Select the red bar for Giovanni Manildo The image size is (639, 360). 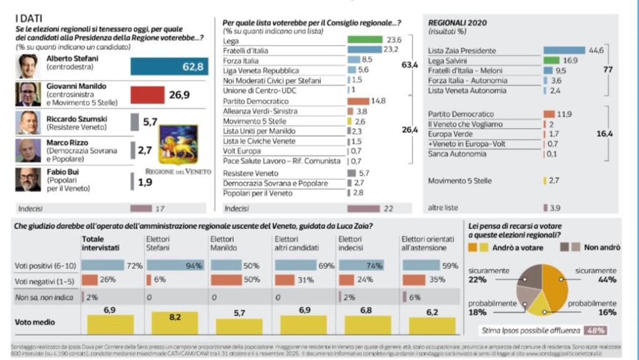tap(147, 94)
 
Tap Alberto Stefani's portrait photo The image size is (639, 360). tap(28, 66)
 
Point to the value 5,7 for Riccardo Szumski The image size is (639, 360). tap(150, 122)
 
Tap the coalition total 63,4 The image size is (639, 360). tap(409, 65)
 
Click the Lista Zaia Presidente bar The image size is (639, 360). tap(564, 50)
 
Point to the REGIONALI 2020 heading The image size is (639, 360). tap(457, 22)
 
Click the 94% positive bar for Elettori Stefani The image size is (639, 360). tap(175, 265)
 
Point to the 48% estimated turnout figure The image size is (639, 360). tap(595, 330)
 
